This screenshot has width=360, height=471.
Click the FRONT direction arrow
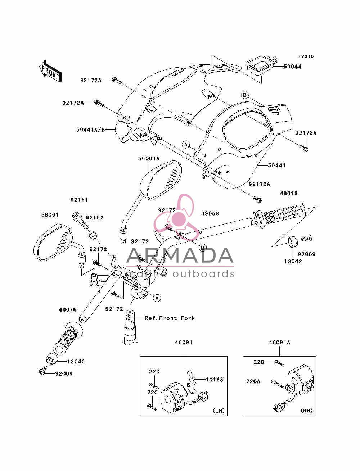(x=51, y=71)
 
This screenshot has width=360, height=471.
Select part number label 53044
(x=292, y=67)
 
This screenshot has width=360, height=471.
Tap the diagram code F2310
(x=306, y=56)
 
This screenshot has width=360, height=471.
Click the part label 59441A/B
(x=91, y=130)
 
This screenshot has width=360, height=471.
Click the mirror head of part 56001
(x=53, y=242)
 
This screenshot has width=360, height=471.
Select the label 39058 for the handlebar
(x=210, y=213)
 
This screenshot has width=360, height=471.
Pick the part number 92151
(x=79, y=200)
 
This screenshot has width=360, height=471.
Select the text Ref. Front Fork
(x=170, y=318)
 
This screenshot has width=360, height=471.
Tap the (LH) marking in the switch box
(x=219, y=411)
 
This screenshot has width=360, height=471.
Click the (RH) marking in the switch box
(x=307, y=411)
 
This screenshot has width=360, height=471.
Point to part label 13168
(x=214, y=380)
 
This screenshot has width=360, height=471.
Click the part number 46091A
(x=279, y=342)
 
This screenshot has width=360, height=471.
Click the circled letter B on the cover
(x=244, y=95)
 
